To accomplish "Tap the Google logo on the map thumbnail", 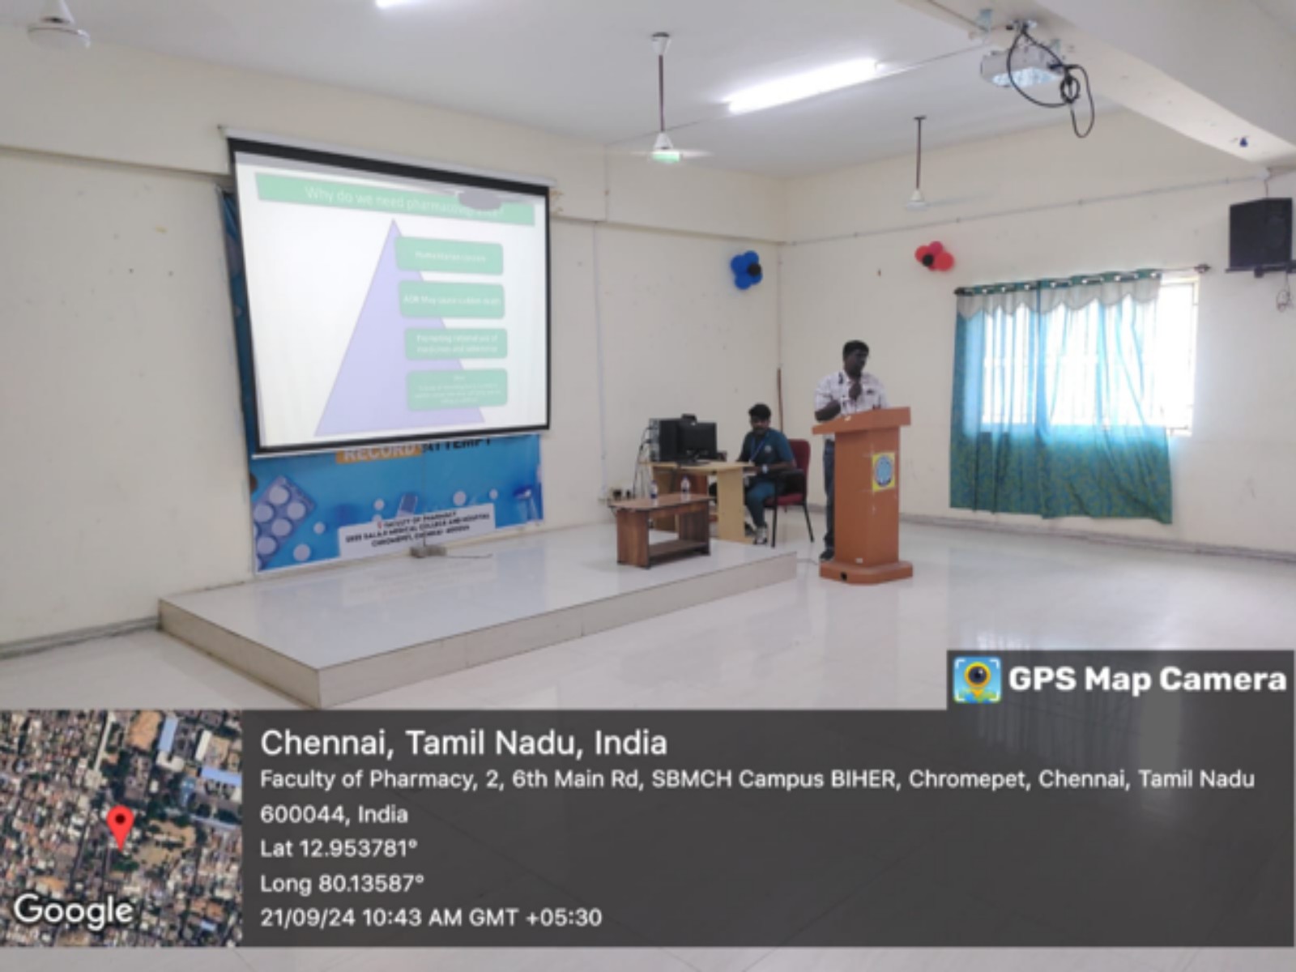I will point(73,910).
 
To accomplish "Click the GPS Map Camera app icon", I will point(976,679).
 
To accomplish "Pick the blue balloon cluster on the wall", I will point(746,270).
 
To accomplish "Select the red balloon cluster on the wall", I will point(934,256).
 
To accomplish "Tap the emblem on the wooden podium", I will point(883,471).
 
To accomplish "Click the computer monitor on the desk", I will point(697,440).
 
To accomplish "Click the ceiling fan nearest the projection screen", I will point(663,146).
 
